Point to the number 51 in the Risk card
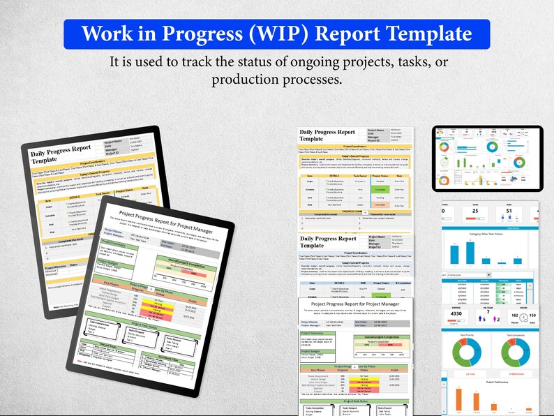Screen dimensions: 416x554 [x=509, y=211]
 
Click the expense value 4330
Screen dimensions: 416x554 [x=456, y=315]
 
